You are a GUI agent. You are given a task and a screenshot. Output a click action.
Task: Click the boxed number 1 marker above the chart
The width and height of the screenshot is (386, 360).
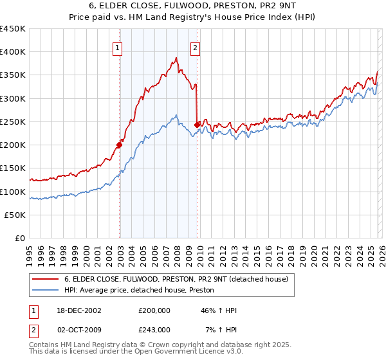click(x=118, y=47)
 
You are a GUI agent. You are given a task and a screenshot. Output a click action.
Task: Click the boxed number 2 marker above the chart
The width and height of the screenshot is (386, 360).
click(x=194, y=47)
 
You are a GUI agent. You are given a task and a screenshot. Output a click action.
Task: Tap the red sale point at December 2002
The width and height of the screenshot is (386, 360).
click(x=120, y=145)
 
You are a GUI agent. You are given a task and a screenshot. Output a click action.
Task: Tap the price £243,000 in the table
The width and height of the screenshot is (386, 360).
click(x=154, y=329)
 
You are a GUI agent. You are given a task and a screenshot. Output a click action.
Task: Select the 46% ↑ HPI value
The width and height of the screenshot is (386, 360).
click(x=219, y=310)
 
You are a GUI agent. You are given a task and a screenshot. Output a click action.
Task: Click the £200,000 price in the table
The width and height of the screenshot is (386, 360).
click(x=154, y=310)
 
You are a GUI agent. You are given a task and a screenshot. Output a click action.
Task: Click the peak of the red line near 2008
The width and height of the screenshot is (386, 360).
click(x=176, y=58)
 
